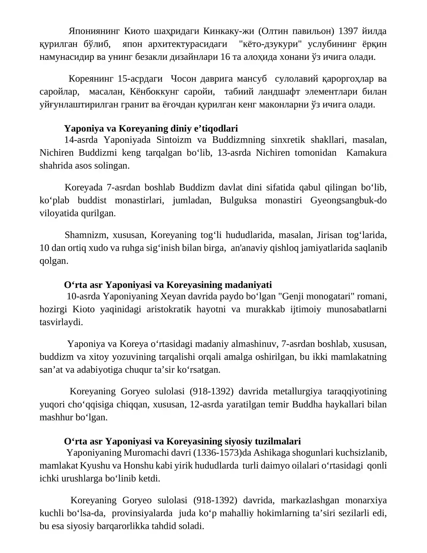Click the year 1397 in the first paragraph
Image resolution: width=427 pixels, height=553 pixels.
[x=348, y=31]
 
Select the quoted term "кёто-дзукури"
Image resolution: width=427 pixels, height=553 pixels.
[x=270, y=44]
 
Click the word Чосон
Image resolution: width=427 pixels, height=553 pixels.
[x=183, y=79]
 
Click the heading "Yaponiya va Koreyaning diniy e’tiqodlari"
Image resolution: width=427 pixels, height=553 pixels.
[x=151, y=128]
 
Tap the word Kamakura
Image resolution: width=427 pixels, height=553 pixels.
[x=366, y=153]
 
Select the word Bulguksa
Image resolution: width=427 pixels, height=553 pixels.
[x=238, y=200]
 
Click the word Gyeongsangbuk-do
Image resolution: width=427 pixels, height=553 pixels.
[x=348, y=200]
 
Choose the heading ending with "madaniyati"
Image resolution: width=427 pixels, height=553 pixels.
[x=168, y=285]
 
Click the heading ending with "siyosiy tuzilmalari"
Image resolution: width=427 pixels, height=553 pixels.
[x=182, y=441]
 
